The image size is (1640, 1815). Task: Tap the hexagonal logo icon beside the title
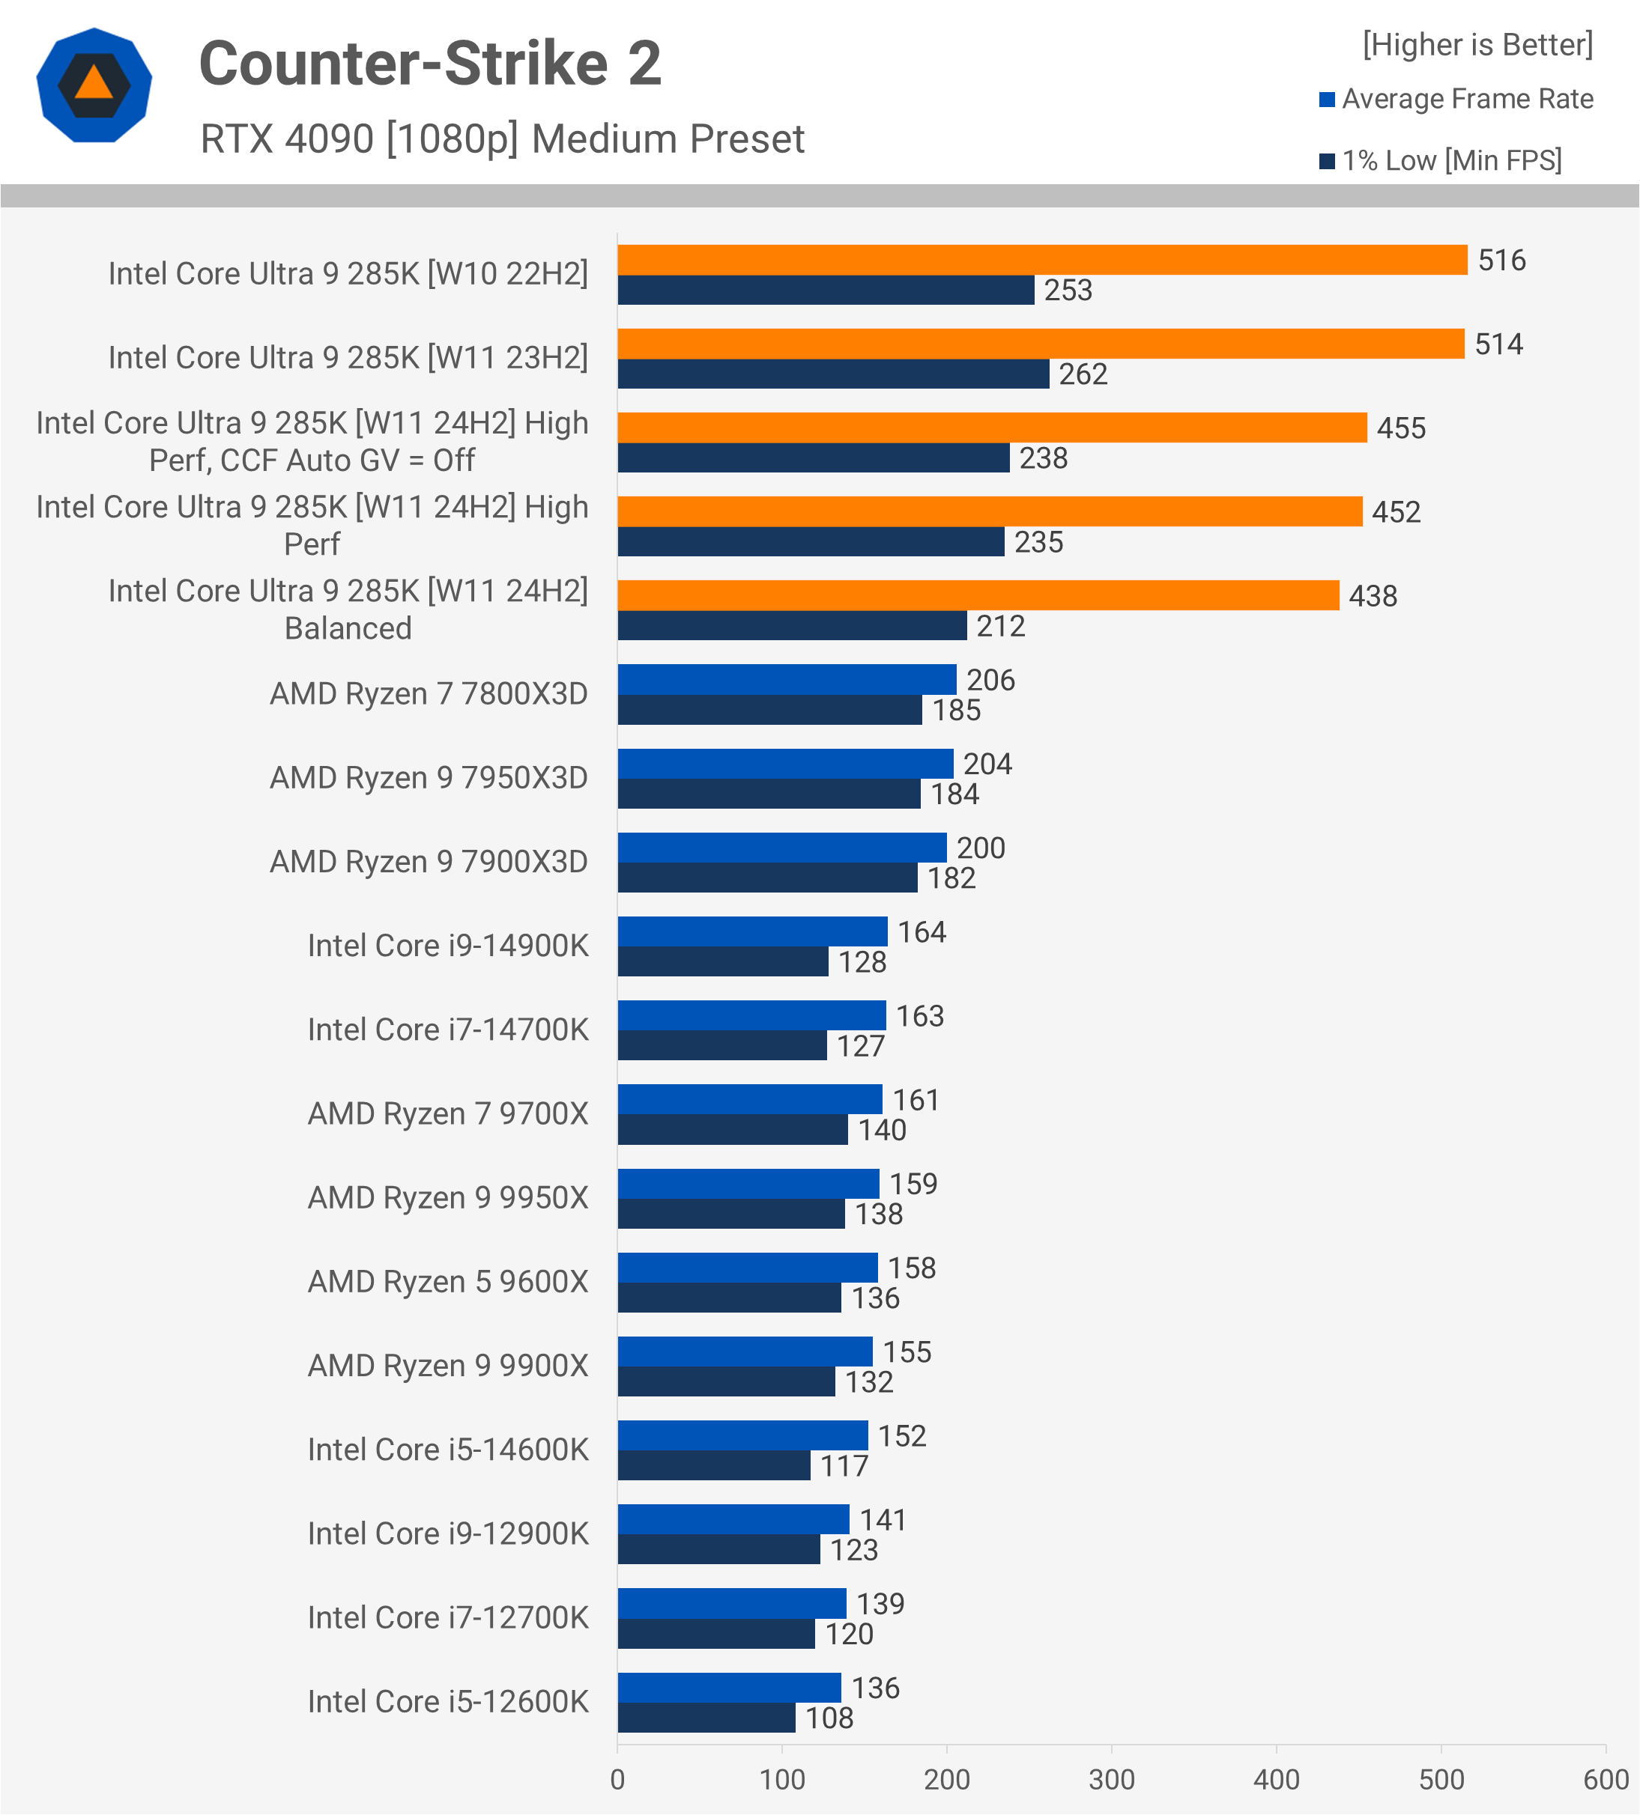pos(94,85)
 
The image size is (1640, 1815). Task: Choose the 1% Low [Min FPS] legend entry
pos(1440,160)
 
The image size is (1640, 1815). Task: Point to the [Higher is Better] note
pos(1477,45)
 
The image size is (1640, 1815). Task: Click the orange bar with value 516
pos(1042,260)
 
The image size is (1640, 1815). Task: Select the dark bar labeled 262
pos(833,374)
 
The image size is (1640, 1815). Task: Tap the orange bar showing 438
pos(978,595)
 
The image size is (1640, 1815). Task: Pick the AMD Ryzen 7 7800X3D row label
pos(429,694)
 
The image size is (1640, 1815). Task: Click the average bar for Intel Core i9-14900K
pos(752,931)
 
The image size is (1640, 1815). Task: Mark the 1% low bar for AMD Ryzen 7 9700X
pos(732,1130)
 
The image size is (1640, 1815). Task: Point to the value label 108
pos(829,1718)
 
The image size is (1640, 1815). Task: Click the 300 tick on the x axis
pos(1111,1779)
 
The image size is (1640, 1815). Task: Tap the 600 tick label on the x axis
pos(1606,1779)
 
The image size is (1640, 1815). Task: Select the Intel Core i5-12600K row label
pos(447,1701)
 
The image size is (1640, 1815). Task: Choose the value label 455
pos(1400,428)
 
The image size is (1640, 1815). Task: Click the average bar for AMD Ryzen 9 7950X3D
pos(785,764)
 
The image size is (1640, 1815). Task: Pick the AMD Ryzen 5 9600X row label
pos(447,1282)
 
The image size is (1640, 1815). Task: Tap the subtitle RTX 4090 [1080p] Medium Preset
pos(502,139)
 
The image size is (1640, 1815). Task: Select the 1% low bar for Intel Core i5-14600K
pos(713,1465)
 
